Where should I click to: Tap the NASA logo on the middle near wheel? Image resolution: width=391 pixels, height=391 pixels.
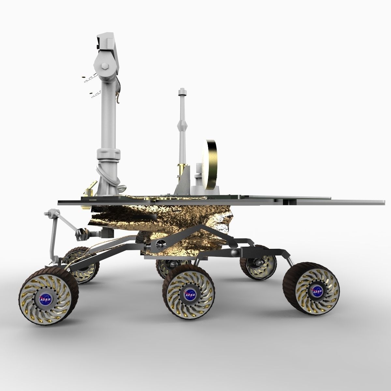point(189,295)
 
